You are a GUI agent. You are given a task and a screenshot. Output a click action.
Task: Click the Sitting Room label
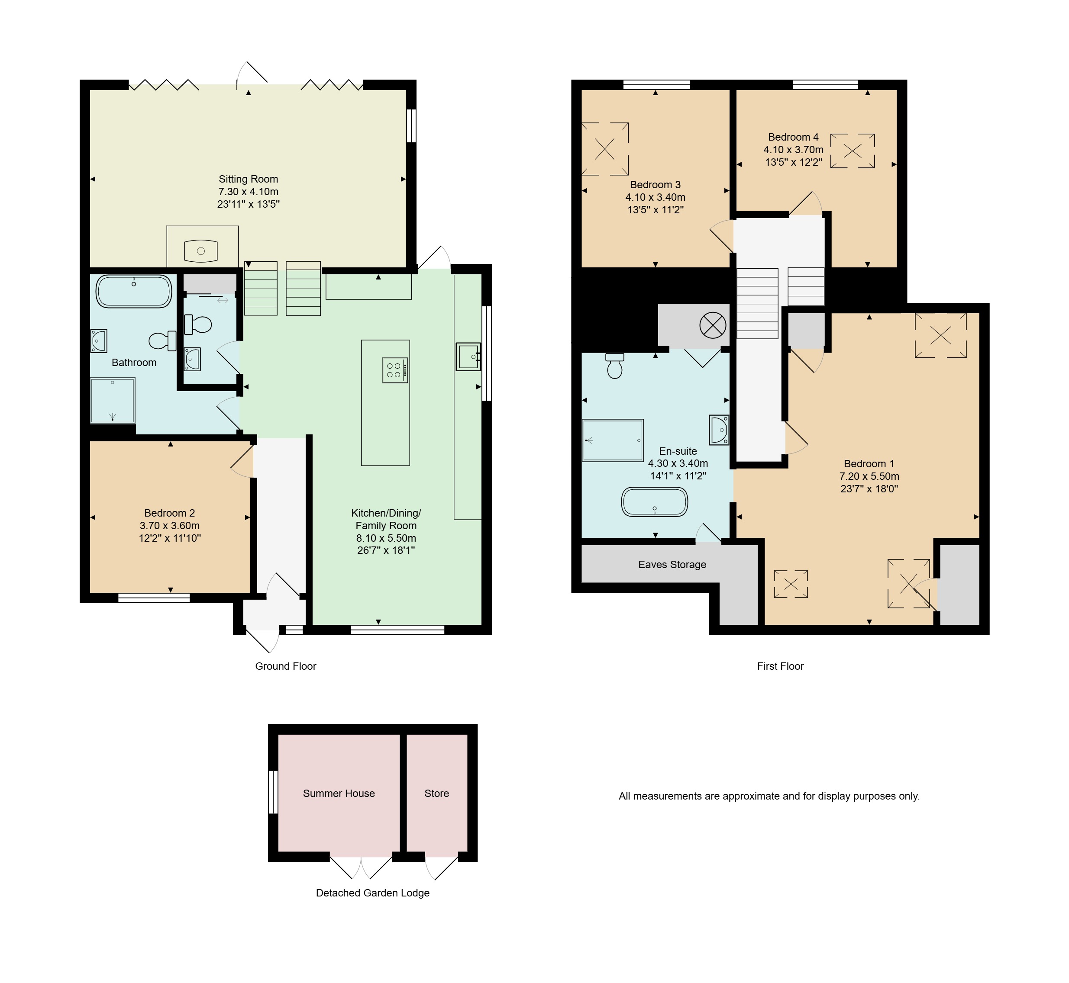click(248, 179)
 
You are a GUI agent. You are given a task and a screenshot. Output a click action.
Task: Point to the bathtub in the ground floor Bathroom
click(134, 291)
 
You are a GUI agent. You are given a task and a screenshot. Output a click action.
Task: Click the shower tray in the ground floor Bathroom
click(112, 401)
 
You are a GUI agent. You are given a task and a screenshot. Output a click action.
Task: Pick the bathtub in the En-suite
click(654, 501)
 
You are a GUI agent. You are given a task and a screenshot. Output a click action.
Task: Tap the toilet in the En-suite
click(615, 366)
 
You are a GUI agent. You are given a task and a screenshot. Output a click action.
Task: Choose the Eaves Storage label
click(672, 564)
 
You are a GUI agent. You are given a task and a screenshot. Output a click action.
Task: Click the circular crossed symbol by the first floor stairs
click(712, 325)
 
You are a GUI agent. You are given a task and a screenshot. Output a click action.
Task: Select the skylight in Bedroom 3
click(605, 149)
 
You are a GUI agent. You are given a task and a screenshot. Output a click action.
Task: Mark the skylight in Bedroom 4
click(853, 151)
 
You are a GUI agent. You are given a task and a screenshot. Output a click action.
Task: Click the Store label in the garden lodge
click(436, 793)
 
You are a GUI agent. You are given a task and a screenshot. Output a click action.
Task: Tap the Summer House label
click(339, 793)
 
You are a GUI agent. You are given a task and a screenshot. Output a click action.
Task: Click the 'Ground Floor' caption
click(285, 666)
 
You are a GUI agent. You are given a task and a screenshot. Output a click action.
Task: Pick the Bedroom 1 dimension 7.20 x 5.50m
click(869, 476)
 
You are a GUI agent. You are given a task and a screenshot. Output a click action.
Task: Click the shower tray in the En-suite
click(613, 440)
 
